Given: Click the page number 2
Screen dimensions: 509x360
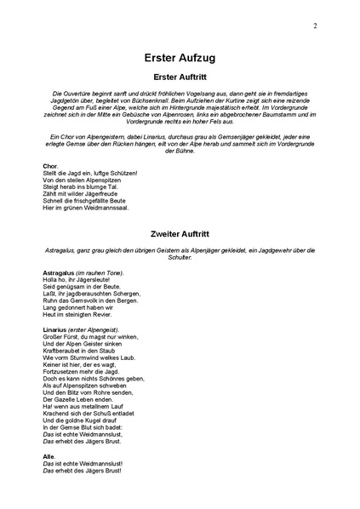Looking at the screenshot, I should click(x=315, y=26).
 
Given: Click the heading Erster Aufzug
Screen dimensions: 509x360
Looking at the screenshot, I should click(x=180, y=60).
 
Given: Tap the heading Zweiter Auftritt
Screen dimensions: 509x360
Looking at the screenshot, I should click(x=180, y=231).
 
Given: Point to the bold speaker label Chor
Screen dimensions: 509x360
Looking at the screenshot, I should click(x=49, y=164).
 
